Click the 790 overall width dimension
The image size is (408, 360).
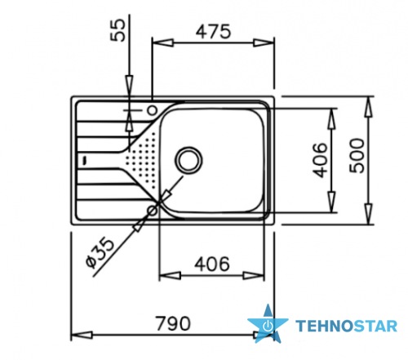point(173,323)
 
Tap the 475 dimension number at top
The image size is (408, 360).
point(213,31)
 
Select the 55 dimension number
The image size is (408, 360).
point(118,30)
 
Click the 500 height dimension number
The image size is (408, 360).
point(357,155)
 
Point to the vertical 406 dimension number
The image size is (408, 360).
point(320,160)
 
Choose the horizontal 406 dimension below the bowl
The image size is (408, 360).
point(212,264)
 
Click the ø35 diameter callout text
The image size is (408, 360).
point(100,253)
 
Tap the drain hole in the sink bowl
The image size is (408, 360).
point(189,160)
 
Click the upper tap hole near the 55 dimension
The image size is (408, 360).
point(152,110)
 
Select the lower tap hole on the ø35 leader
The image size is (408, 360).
point(152,210)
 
